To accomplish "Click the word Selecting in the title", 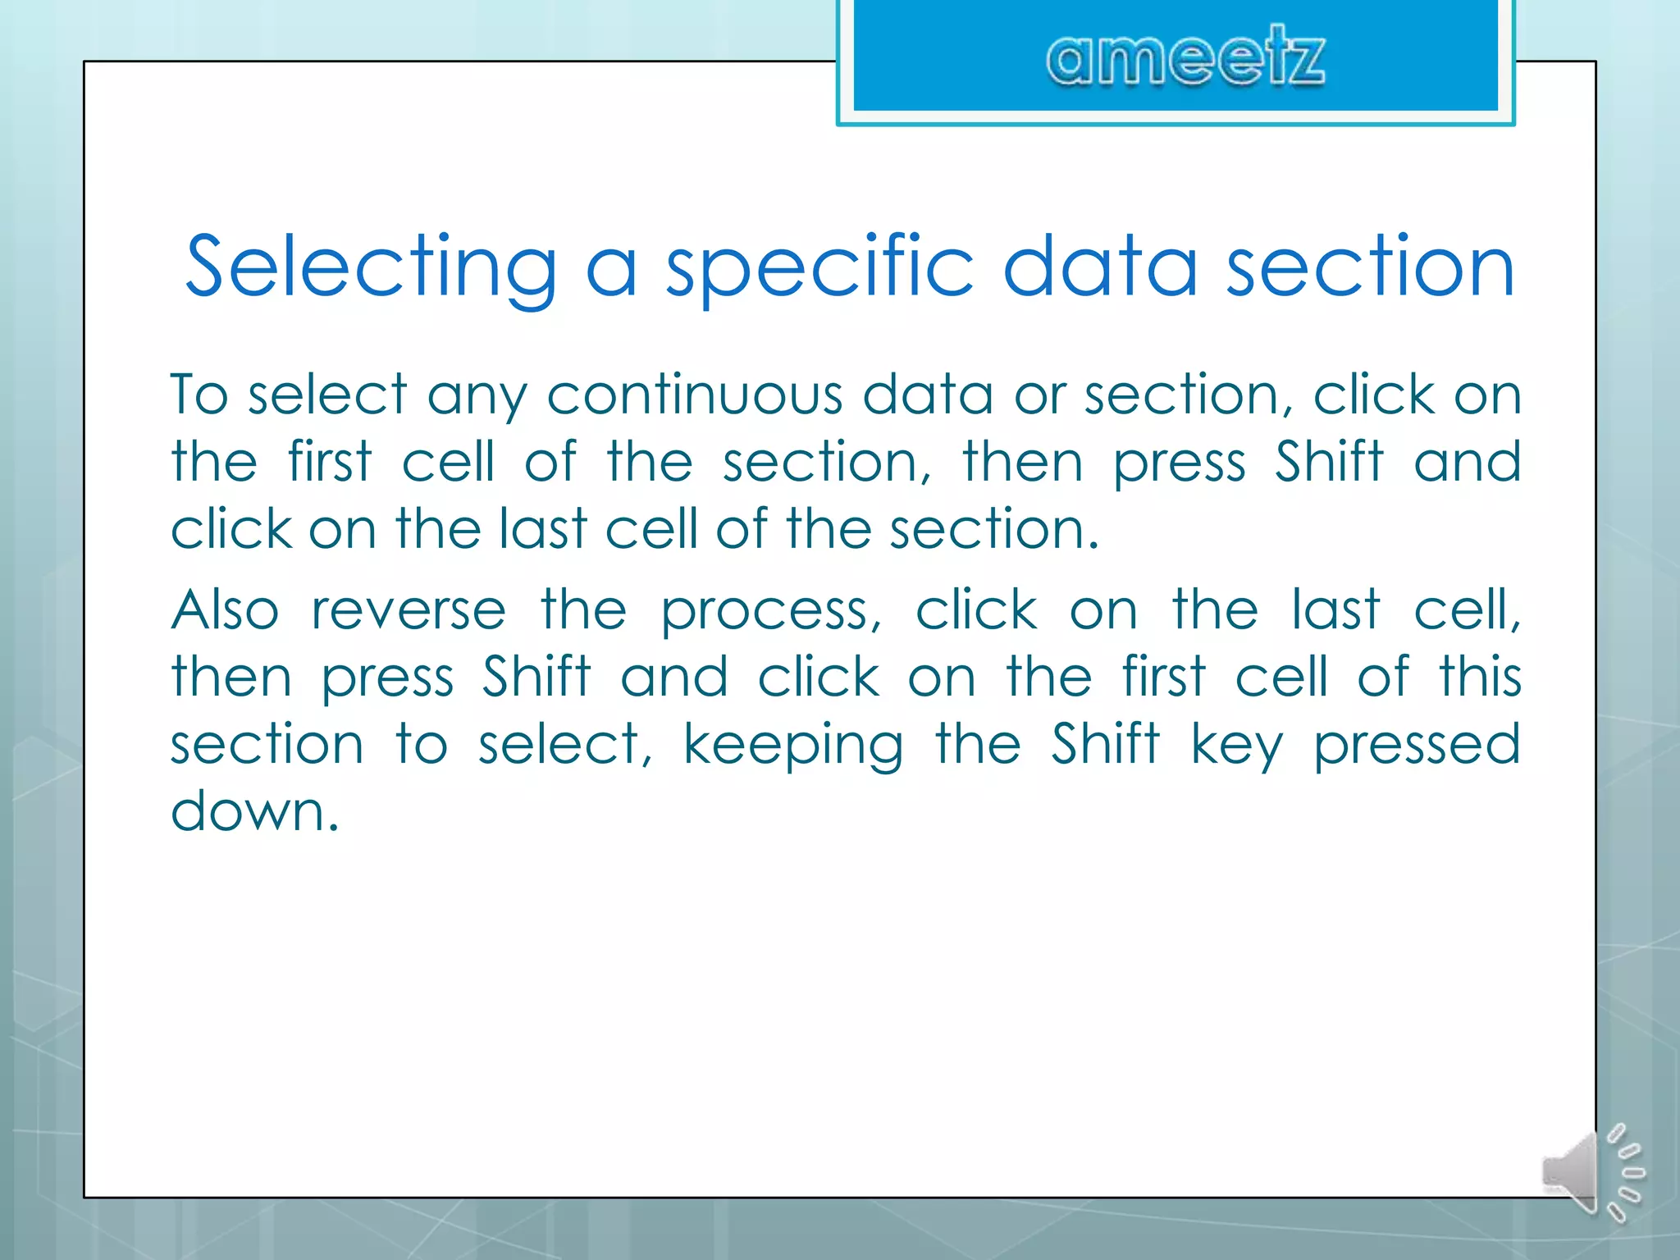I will (x=371, y=267).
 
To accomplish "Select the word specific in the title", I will (x=819, y=267).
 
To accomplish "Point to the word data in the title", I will (x=1099, y=267).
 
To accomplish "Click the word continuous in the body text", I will (x=694, y=395).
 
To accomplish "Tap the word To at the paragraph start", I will (x=198, y=395).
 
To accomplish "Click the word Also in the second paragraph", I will (x=225, y=611).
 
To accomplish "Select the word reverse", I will (x=409, y=611).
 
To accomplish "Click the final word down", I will (x=253, y=812).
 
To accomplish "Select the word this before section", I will (x=1481, y=678).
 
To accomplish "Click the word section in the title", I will (x=1370, y=267).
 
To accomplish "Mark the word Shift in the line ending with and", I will (x=1329, y=462).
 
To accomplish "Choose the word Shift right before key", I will (x=1105, y=745).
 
